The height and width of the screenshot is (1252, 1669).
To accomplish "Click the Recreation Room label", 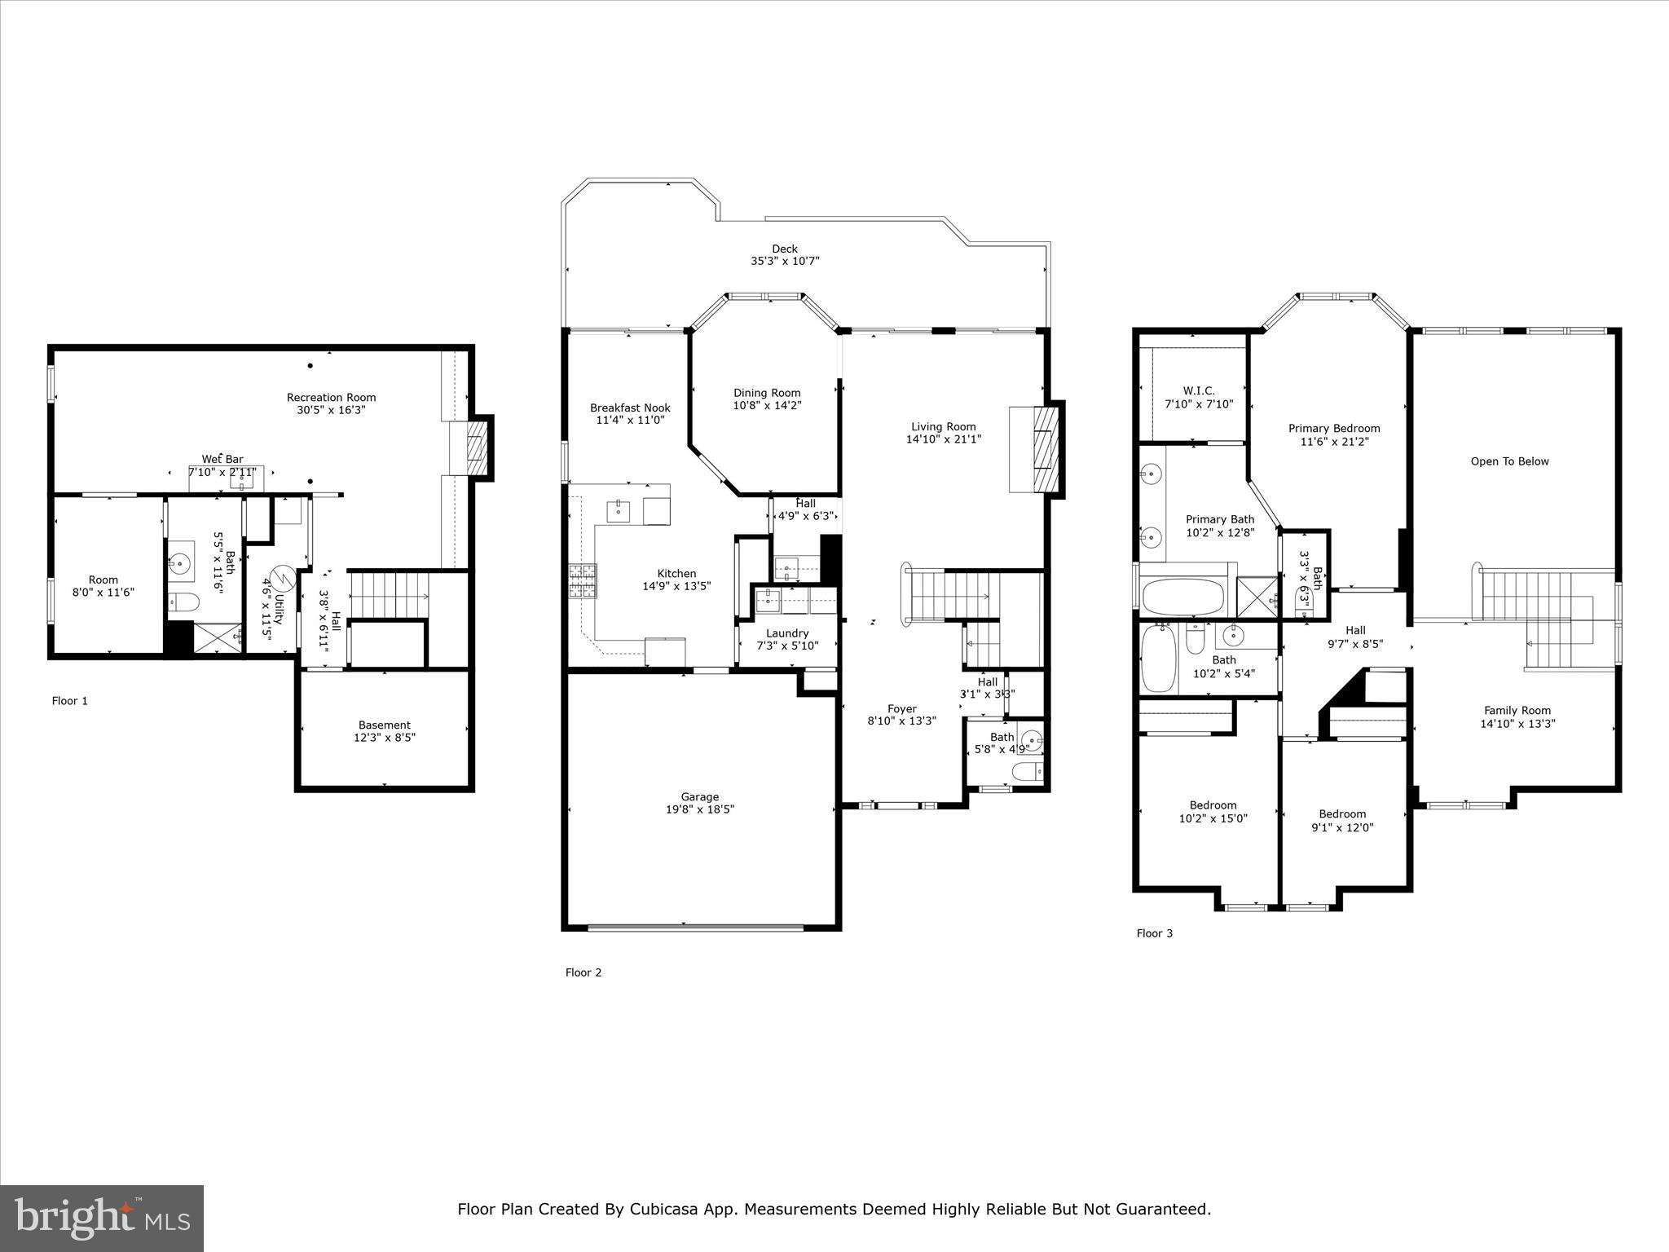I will [x=331, y=398].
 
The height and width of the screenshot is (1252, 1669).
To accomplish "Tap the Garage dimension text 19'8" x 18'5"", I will [x=699, y=809].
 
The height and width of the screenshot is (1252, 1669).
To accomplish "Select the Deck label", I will [x=785, y=249].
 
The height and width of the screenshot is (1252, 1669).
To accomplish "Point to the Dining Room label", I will [x=767, y=393].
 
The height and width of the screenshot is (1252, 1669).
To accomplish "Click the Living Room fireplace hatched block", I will [x=1045, y=448].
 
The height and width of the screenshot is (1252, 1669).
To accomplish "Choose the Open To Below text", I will [x=1509, y=461].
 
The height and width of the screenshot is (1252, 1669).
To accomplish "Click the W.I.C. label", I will [x=1199, y=391].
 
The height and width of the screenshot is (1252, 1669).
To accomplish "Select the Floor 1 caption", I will [x=70, y=701].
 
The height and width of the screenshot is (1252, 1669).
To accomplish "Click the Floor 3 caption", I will [x=1154, y=933].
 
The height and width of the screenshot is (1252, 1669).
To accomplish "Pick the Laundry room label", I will [x=787, y=633].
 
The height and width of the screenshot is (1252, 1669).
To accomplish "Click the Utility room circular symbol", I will [x=282, y=580].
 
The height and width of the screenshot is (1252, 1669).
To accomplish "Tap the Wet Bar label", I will [x=222, y=460].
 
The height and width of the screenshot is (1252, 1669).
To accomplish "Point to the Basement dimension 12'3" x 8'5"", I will [x=385, y=738].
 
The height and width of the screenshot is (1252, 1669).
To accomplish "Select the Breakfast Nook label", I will [x=630, y=408].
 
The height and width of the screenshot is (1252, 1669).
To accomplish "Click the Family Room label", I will [x=1517, y=710].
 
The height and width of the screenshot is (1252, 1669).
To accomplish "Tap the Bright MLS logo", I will [x=102, y=1218].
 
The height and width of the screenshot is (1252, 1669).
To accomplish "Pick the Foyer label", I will [x=901, y=708].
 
